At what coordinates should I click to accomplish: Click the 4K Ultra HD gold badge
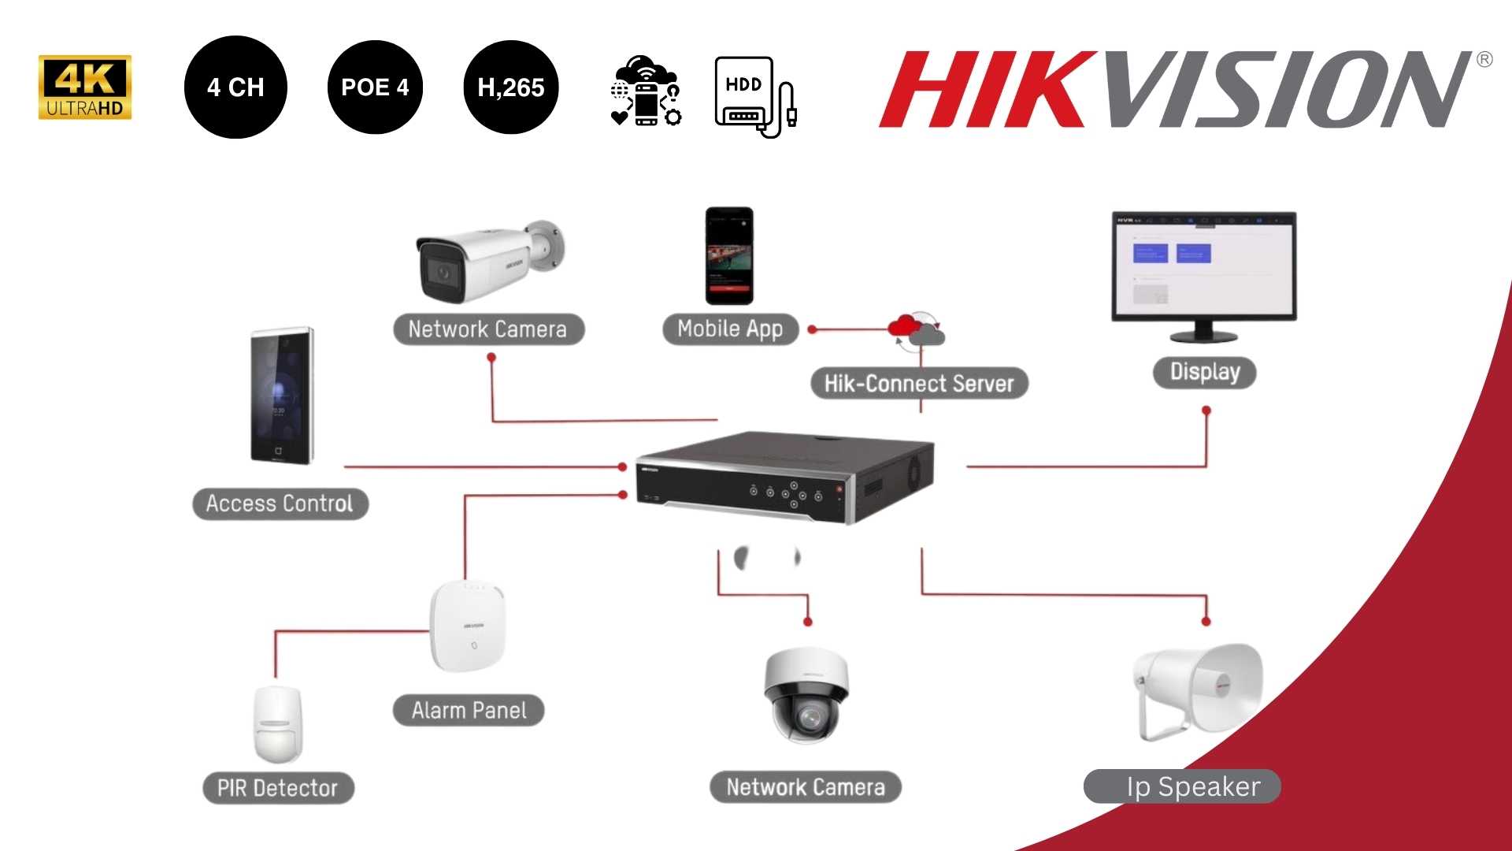tap(84, 87)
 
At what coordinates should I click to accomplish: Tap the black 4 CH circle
tap(235, 87)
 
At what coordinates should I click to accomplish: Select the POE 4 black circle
tap(375, 87)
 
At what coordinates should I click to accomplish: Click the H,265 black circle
tap(511, 87)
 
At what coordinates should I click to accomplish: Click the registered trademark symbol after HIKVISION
tap(1484, 60)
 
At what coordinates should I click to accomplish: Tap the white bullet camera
tap(488, 262)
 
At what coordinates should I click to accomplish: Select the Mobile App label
tap(730, 329)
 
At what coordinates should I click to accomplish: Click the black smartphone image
tap(729, 255)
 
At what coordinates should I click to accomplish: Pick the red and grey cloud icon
tap(916, 329)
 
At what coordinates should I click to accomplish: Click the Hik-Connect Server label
tap(919, 384)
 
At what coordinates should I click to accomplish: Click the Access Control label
tap(280, 504)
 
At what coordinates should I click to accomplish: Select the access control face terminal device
tap(281, 396)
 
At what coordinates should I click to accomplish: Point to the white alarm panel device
tap(467, 626)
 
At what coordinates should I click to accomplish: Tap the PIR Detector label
tap(278, 788)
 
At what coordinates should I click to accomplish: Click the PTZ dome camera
tap(806, 695)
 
